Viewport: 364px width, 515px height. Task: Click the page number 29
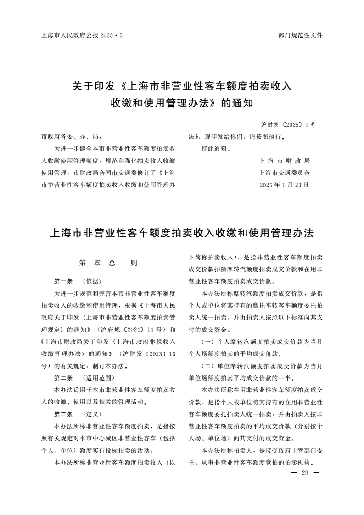click(304, 473)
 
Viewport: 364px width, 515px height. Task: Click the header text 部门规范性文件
click(300, 35)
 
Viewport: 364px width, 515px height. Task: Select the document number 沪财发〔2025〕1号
click(288, 125)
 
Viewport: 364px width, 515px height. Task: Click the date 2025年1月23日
click(284, 185)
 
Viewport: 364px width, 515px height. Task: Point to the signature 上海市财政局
click(285, 161)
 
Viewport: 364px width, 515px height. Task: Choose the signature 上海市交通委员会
click(285, 173)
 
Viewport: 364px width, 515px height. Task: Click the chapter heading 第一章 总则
click(108, 263)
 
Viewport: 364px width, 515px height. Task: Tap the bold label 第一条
click(63, 281)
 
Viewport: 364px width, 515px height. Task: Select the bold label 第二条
click(63, 378)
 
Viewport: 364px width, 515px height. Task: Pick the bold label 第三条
click(63, 414)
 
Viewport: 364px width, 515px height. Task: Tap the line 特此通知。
click(216, 149)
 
